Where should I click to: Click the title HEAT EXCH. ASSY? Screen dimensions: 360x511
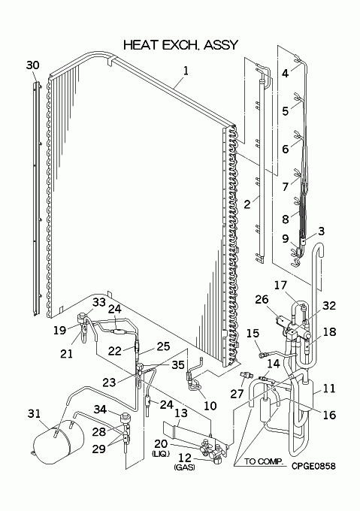(x=180, y=44)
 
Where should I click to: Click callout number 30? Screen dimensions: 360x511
(x=32, y=65)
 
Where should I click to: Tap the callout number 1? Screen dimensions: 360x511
(x=186, y=71)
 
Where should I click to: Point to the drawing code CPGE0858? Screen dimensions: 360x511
(x=313, y=466)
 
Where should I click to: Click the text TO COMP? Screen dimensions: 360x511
(x=264, y=461)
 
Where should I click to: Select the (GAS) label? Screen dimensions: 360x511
(x=184, y=467)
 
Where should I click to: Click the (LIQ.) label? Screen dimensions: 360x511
(x=161, y=453)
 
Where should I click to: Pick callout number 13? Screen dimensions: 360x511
(x=181, y=413)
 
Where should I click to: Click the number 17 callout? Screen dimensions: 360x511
(x=280, y=285)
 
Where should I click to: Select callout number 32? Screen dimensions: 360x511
(x=329, y=305)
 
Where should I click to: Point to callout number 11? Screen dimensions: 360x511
(x=329, y=389)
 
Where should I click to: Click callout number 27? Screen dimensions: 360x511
(x=237, y=394)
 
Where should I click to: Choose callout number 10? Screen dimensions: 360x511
(x=210, y=406)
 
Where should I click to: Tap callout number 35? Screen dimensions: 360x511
(x=178, y=365)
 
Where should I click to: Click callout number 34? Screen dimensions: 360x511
(x=101, y=409)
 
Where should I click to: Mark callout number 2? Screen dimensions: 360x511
(x=247, y=204)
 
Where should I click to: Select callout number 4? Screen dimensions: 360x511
(x=286, y=74)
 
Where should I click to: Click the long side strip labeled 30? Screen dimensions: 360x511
(x=37, y=199)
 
